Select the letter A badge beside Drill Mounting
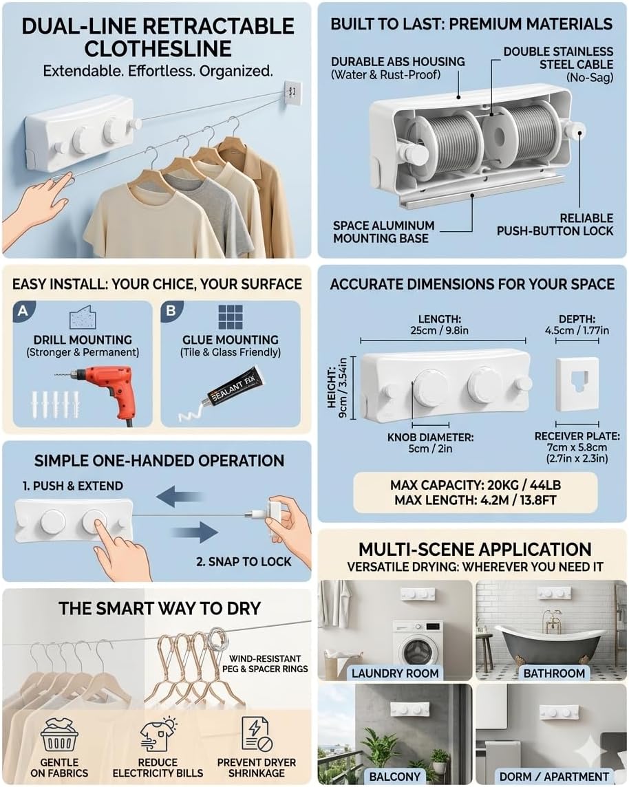click(23, 311)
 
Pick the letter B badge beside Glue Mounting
click(171, 311)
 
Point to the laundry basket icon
click(59, 735)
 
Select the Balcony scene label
click(394, 776)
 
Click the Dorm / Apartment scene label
click(551, 776)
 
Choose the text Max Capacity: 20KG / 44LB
click(475, 486)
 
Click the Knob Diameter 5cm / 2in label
click(430, 443)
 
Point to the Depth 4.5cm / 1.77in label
click(577, 325)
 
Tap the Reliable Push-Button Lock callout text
click(555, 224)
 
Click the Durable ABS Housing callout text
click(398, 67)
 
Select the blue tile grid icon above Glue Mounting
click(231, 317)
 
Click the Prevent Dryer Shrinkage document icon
click(257, 734)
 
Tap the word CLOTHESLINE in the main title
click(158, 49)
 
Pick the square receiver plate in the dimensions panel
click(577, 385)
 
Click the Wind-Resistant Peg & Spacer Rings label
click(265, 664)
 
